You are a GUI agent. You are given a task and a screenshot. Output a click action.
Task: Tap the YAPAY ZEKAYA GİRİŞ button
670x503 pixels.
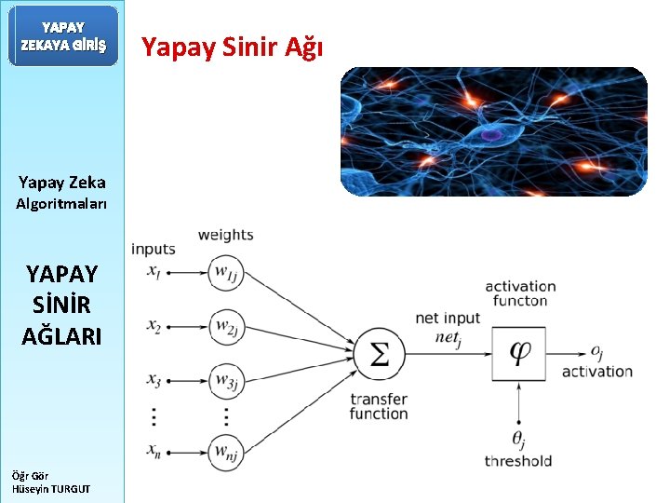[63, 36]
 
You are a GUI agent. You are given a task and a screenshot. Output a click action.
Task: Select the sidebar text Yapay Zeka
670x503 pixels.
[62, 183]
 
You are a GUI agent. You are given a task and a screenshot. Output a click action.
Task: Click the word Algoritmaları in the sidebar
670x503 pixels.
[61, 203]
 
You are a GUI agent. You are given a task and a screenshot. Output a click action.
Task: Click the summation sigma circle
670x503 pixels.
[379, 354]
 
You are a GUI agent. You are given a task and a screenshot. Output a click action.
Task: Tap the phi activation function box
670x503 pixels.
[518, 353]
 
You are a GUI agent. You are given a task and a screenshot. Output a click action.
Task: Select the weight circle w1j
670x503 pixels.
[225, 273]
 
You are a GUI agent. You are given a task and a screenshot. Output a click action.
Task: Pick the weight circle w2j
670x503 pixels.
[225, 327]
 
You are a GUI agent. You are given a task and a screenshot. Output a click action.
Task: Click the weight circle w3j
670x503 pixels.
[225, 381]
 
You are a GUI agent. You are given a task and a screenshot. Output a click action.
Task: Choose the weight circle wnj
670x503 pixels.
[225, 452]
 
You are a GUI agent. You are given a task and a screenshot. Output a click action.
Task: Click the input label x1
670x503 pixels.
[154, 272]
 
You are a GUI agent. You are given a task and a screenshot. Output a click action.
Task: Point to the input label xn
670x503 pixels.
[154, 451]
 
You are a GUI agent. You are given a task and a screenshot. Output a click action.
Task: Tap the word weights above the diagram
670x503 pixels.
[225, 235]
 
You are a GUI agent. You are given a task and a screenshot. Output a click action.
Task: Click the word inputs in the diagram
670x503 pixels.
[154, 249]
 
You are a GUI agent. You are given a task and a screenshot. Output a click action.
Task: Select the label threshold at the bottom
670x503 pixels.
[518, 461]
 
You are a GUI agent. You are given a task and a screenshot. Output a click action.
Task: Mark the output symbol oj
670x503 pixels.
[596, 352]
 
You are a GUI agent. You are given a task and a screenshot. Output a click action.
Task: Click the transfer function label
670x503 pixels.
[379, 406]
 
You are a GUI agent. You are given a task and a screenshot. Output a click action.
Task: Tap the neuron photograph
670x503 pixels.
[493, 131]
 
